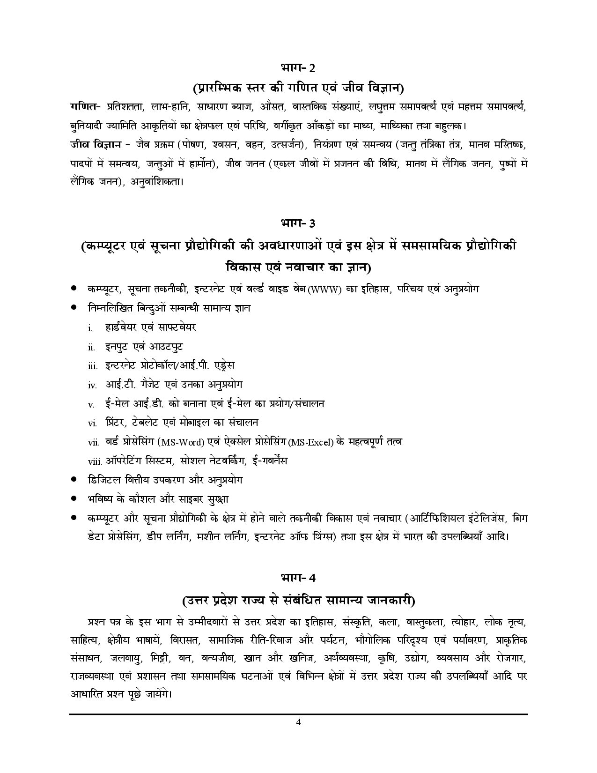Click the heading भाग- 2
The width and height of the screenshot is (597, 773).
click(x=298, y=68)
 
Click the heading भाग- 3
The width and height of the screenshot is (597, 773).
click(x=298, y=223)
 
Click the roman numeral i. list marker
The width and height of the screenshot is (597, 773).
click(x=89, y=328)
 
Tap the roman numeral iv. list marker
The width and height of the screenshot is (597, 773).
click(x=92, y=385)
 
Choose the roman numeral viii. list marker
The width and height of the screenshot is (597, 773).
click(x=95, y=461)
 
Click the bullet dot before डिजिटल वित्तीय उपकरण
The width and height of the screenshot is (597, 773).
click(x=74, y=480)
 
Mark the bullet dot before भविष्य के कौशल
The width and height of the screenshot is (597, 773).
click(x=74, y=499)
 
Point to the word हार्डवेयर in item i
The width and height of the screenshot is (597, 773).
click(x=122, y=327)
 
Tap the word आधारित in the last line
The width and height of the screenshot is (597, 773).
click(x=84, y=693)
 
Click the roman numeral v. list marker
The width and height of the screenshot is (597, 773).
click(x=91, y=404)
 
